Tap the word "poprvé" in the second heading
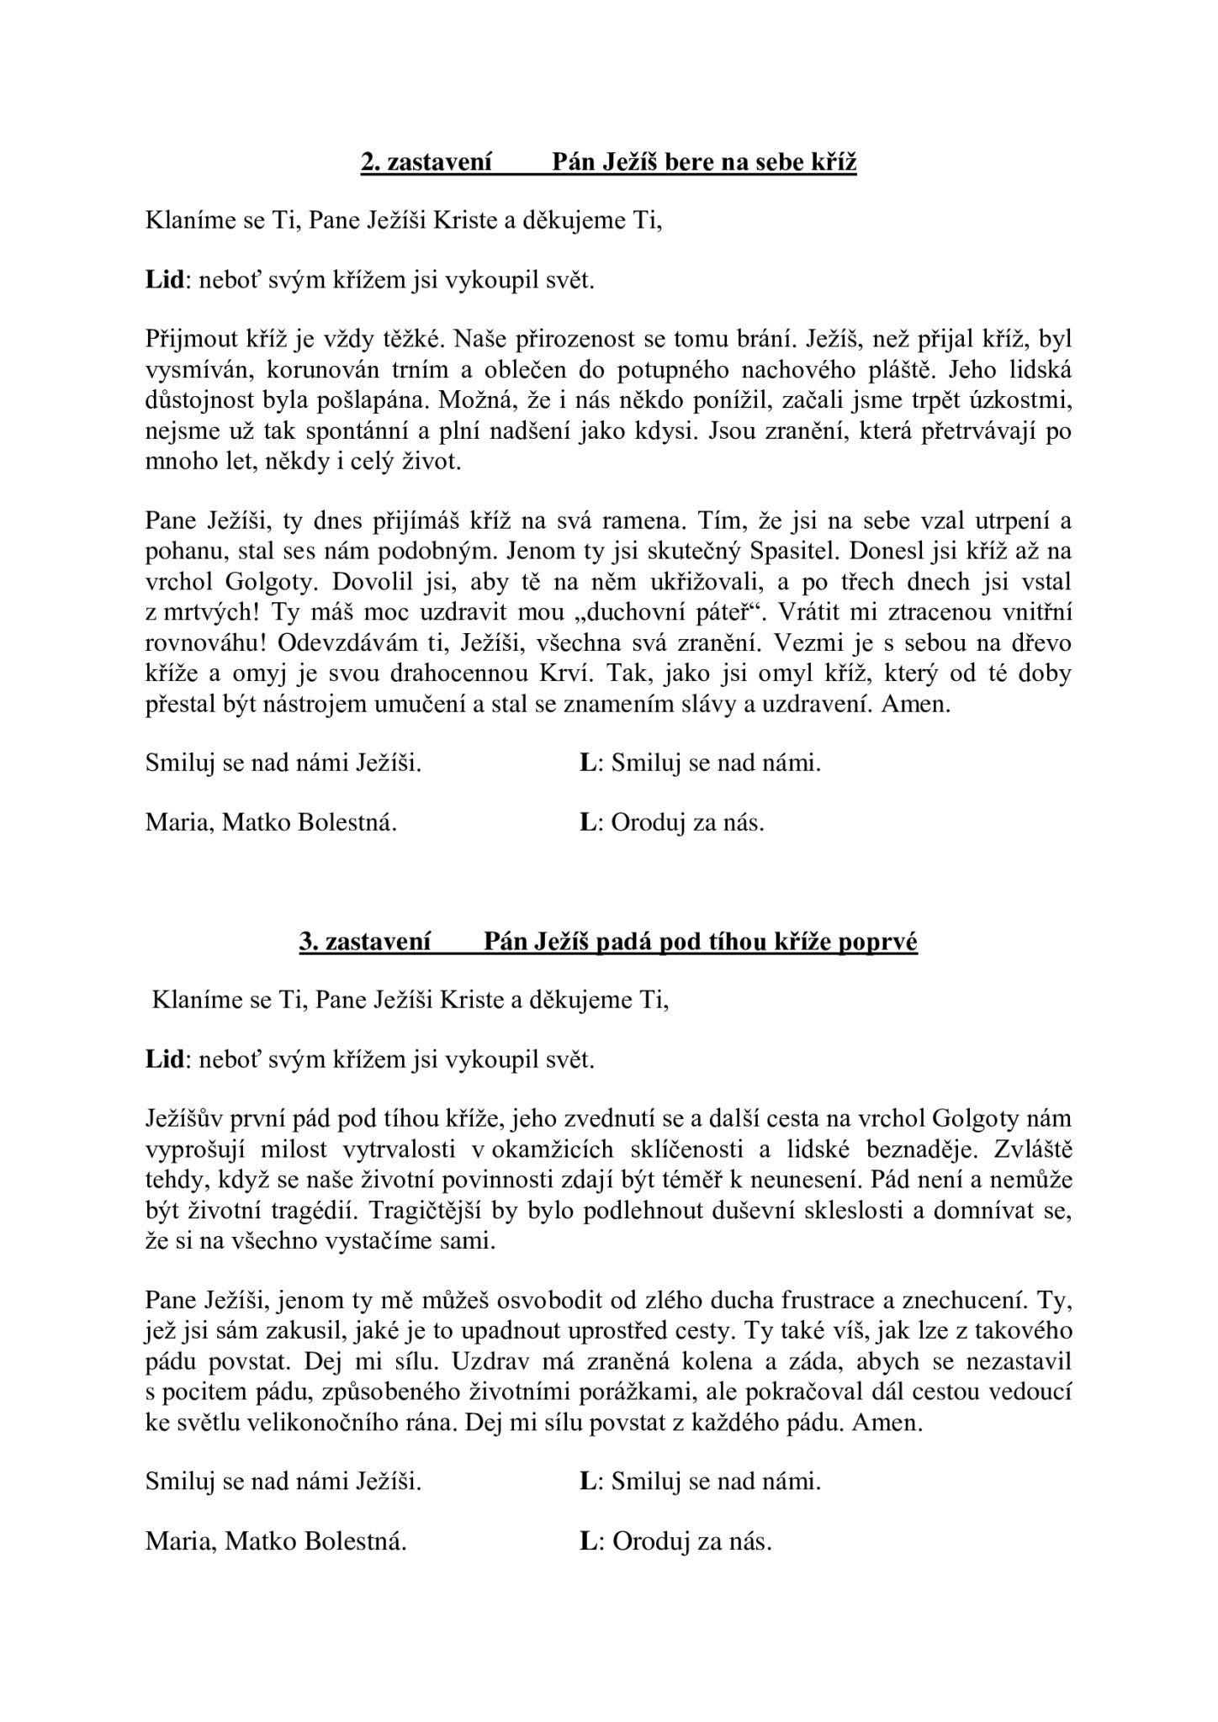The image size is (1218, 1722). point(880,943)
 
